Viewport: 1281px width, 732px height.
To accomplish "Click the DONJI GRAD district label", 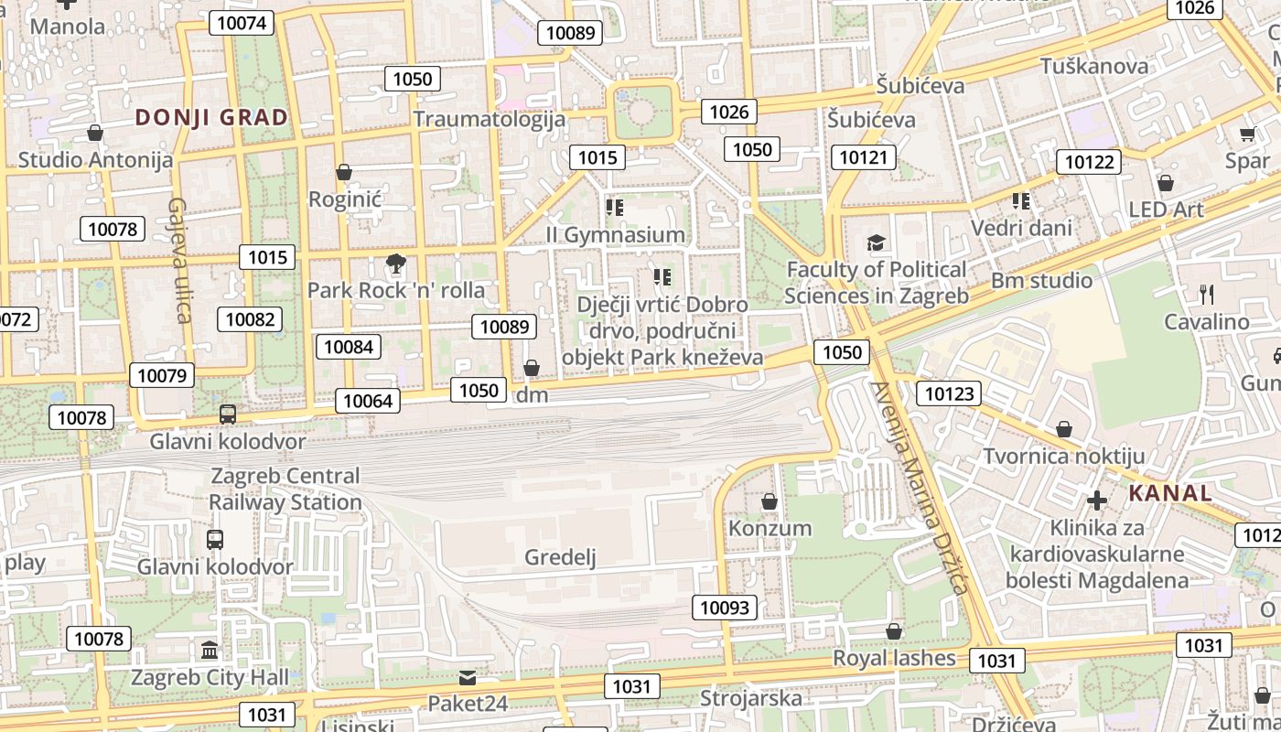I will (211, 117).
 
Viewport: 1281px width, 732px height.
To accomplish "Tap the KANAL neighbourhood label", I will (1170, 493).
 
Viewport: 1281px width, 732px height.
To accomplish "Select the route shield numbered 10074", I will (242, 23).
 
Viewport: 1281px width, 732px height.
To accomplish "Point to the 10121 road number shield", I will (863, 157).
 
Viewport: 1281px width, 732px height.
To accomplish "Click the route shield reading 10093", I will (724, 607).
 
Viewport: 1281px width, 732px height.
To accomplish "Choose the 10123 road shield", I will (949, 393).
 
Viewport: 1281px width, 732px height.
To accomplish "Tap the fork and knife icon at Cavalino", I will (1207, 294).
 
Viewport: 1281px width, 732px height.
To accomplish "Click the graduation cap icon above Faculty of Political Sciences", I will (876, 242).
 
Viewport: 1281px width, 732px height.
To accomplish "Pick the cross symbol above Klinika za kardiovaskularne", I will (1096, 501).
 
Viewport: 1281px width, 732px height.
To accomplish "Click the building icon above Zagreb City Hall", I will (210, 651).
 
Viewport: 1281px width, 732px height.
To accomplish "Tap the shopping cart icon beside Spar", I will (1247, 135).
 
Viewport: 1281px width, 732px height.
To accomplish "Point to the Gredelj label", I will (560, 557).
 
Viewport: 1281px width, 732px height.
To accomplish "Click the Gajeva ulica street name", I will (179, 260).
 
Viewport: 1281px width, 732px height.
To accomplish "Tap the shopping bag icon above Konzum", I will (770, 501).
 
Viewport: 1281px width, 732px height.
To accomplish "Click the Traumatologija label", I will (490, 119).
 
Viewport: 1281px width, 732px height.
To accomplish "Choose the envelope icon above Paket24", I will (468, 678).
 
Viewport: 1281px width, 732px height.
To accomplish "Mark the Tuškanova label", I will (1094, 66).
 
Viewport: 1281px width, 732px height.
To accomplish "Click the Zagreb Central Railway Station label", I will (285, 489).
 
